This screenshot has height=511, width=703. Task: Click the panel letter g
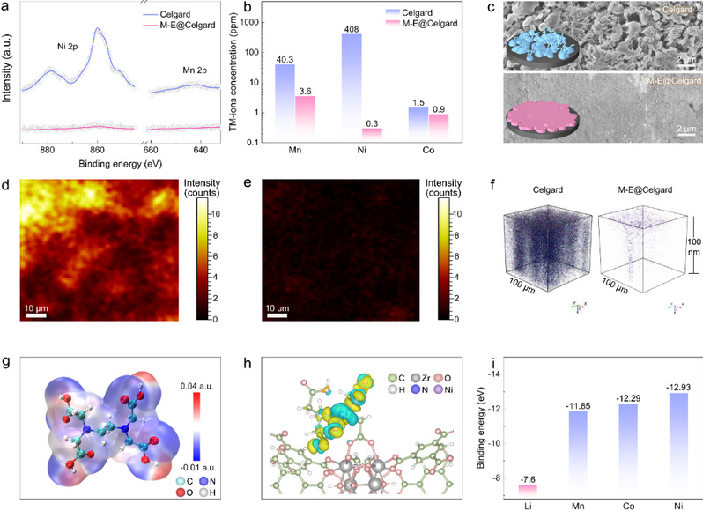(x=6, y=346)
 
